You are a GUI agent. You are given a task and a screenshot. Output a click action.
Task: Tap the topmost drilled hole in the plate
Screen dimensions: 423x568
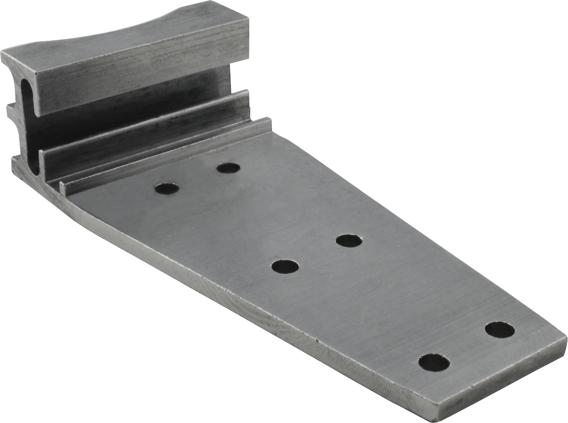pos(228,168)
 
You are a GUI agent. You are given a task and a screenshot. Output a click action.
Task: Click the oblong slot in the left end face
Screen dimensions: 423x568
pos(28,123)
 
